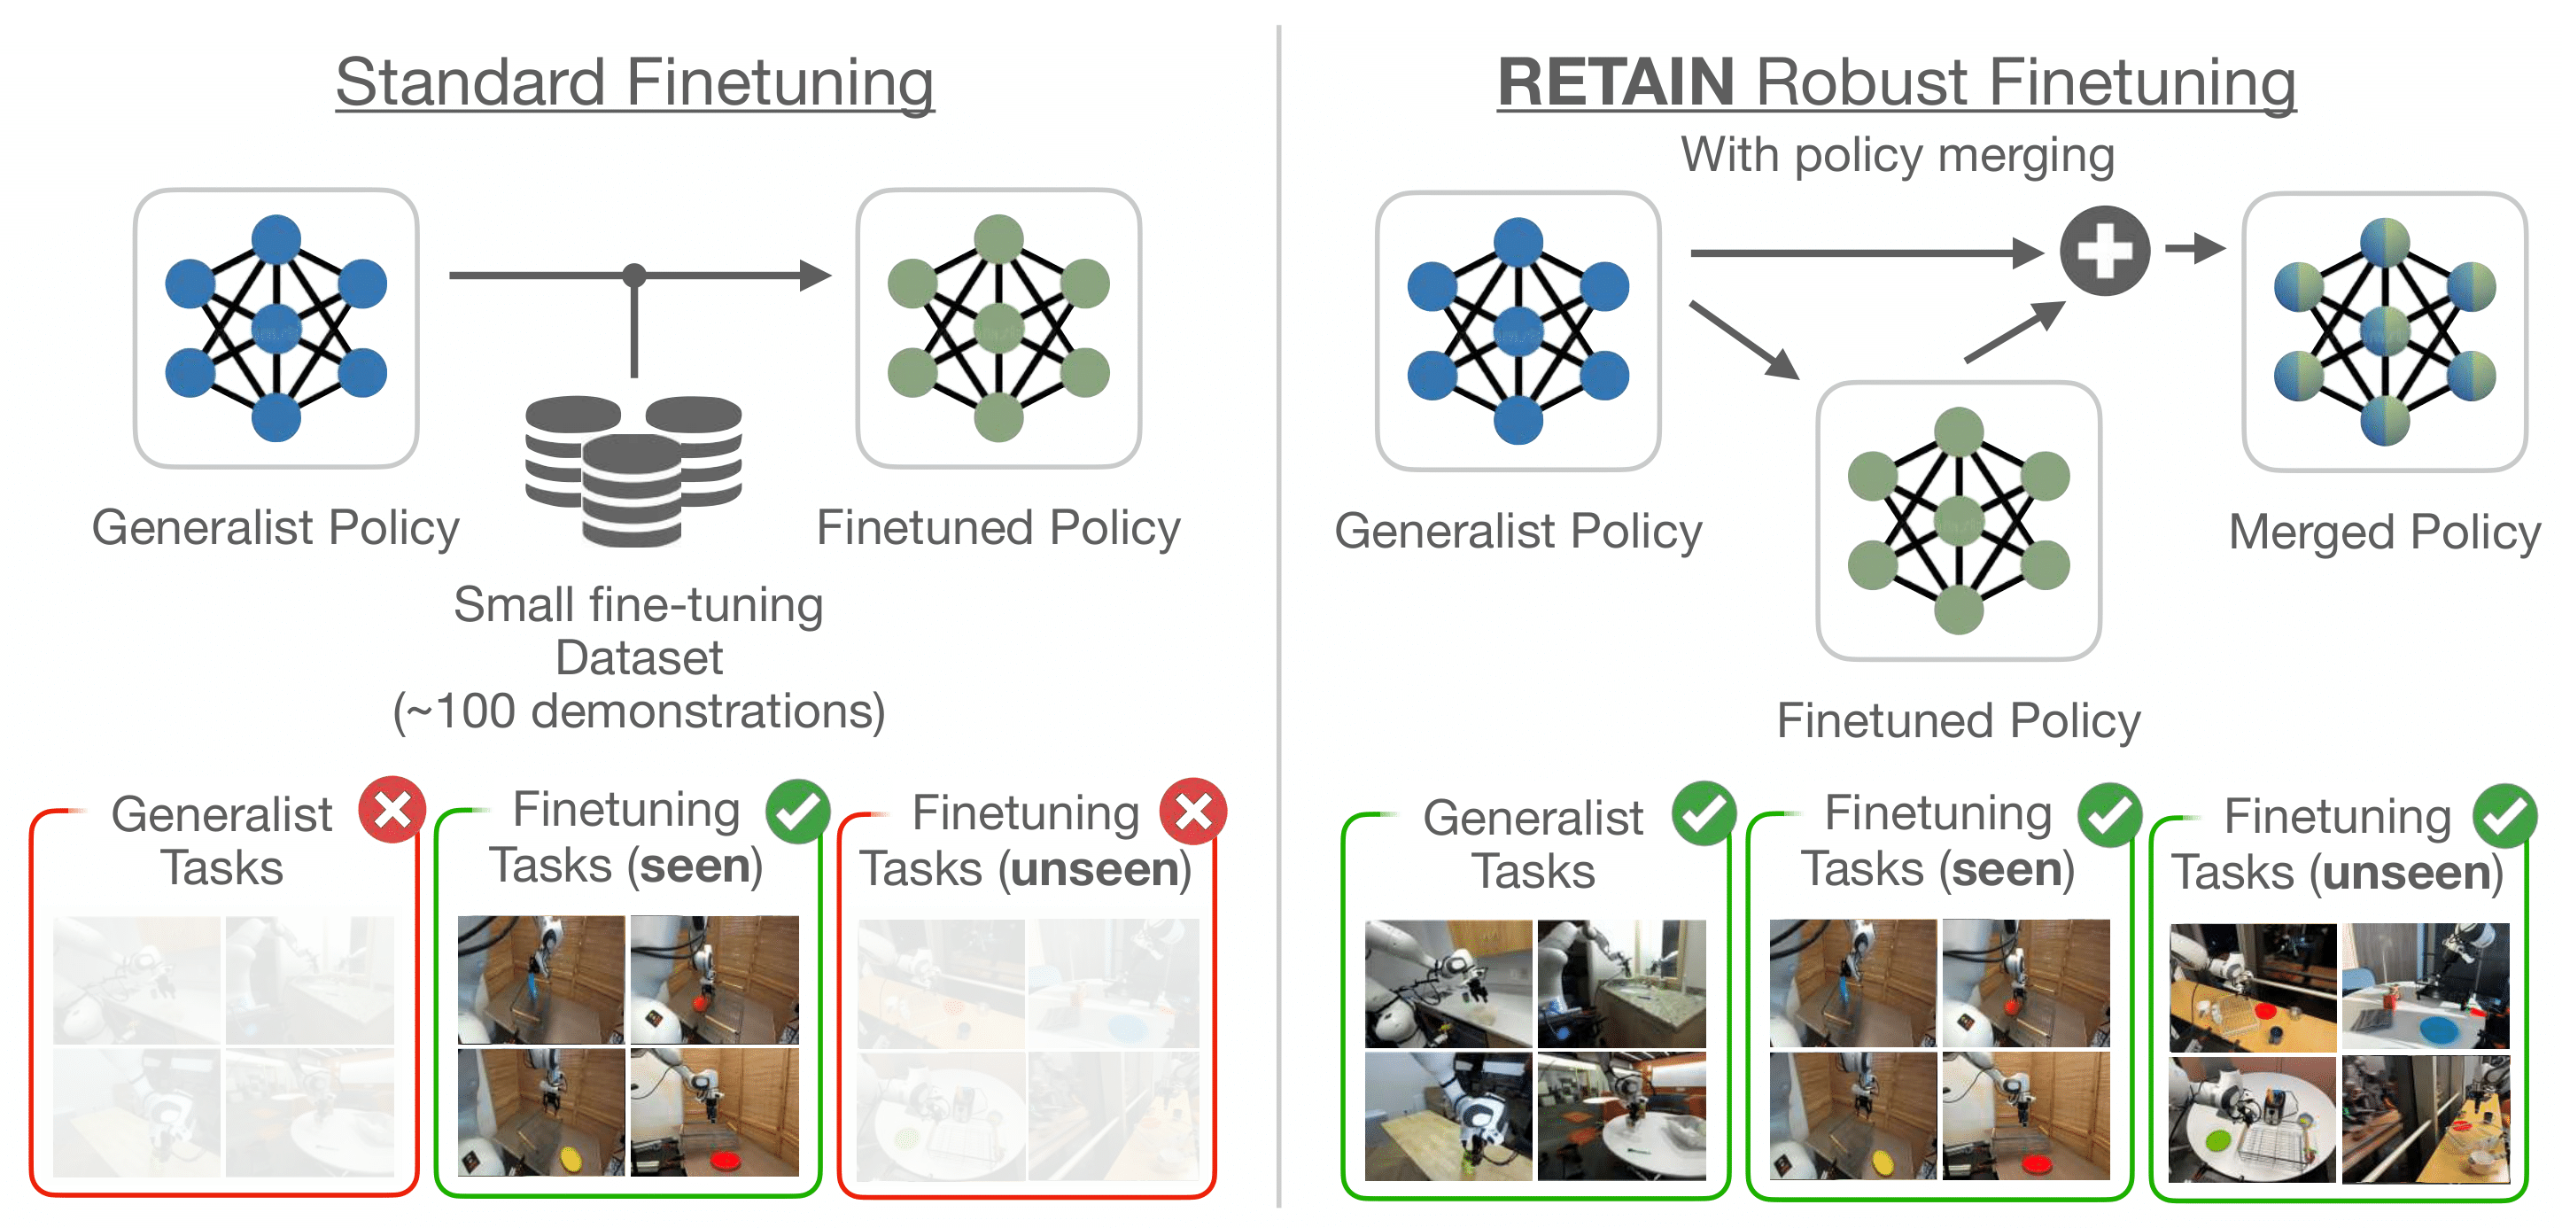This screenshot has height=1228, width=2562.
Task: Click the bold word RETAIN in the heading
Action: click(x=1615, y=82)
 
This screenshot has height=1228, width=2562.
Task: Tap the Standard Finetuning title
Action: click(x=634, y=82)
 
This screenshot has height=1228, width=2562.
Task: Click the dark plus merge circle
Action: click(x=2105, y=251)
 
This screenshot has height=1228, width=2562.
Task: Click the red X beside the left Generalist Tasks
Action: click(x=392, y=810)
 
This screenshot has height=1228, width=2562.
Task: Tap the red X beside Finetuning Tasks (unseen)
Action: click(x=1192, y=812)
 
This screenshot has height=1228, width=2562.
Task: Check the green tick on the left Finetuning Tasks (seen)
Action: click(x=797, y=812)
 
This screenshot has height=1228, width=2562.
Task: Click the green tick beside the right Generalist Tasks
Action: click(x=1704, y=812)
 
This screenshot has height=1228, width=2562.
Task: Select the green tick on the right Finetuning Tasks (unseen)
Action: click(x=2504, y=815)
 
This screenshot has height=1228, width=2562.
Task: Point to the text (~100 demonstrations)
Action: click(x=639, y=711)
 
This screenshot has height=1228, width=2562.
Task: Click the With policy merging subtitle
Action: click(x=1897, y=155)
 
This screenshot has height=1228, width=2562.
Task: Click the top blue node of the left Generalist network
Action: click(x=276, y=239)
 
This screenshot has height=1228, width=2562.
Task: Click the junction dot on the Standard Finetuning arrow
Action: click(x=633, y=276)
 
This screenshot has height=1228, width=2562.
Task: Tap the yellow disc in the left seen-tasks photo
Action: click(x=571, y=1156)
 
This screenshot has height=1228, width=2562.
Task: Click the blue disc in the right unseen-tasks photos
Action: click(x=2438, y=1030)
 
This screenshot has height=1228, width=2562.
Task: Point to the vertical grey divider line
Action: click(x=1279, y=617)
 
